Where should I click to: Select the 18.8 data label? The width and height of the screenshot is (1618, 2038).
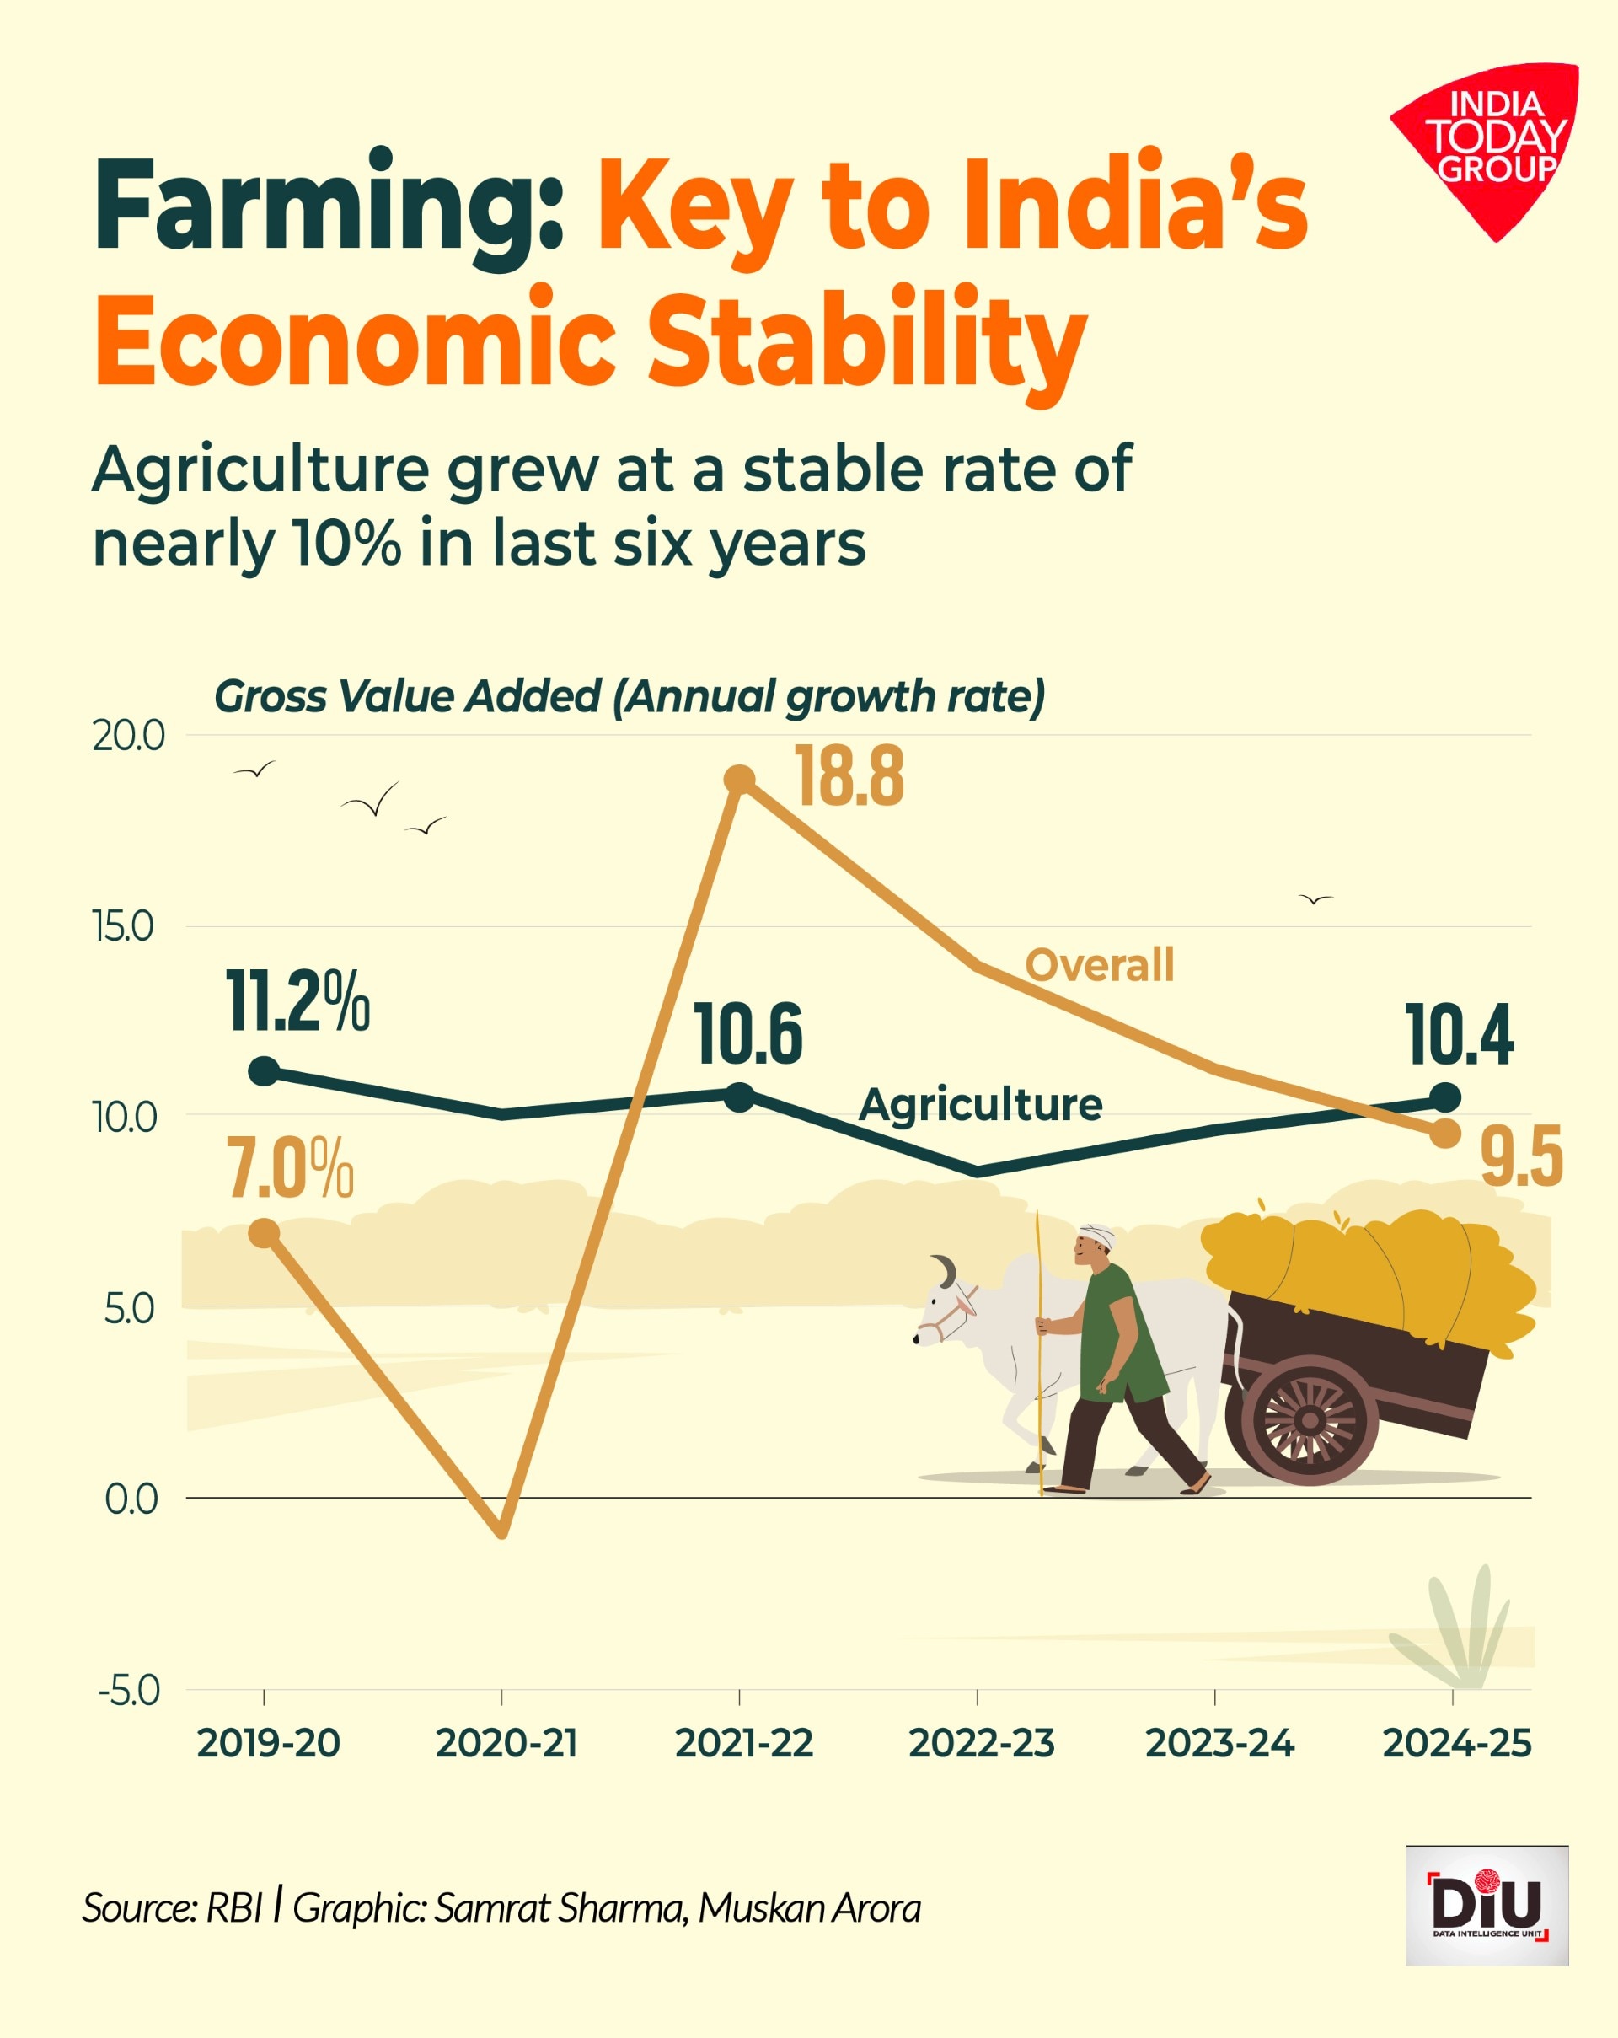(x=849, y=776)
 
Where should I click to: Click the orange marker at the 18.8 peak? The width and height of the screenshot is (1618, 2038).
(x=739, y=780)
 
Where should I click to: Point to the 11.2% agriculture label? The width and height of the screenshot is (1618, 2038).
(x=297, y=1002)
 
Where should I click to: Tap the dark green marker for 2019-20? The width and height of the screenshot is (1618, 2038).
(x=264, y=1072)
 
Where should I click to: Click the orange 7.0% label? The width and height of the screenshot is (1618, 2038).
(x=289, y=1169)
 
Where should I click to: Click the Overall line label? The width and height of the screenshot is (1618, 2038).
(x=1099, y=965)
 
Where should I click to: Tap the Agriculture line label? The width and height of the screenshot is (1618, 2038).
(x=980, y=1104)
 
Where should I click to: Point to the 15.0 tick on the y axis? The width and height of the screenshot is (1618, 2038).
(x=123, y=926)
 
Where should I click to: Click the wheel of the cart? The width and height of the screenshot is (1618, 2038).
(x=1310, y=1420)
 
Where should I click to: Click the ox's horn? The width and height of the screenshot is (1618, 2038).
(x=945, y=1269)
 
